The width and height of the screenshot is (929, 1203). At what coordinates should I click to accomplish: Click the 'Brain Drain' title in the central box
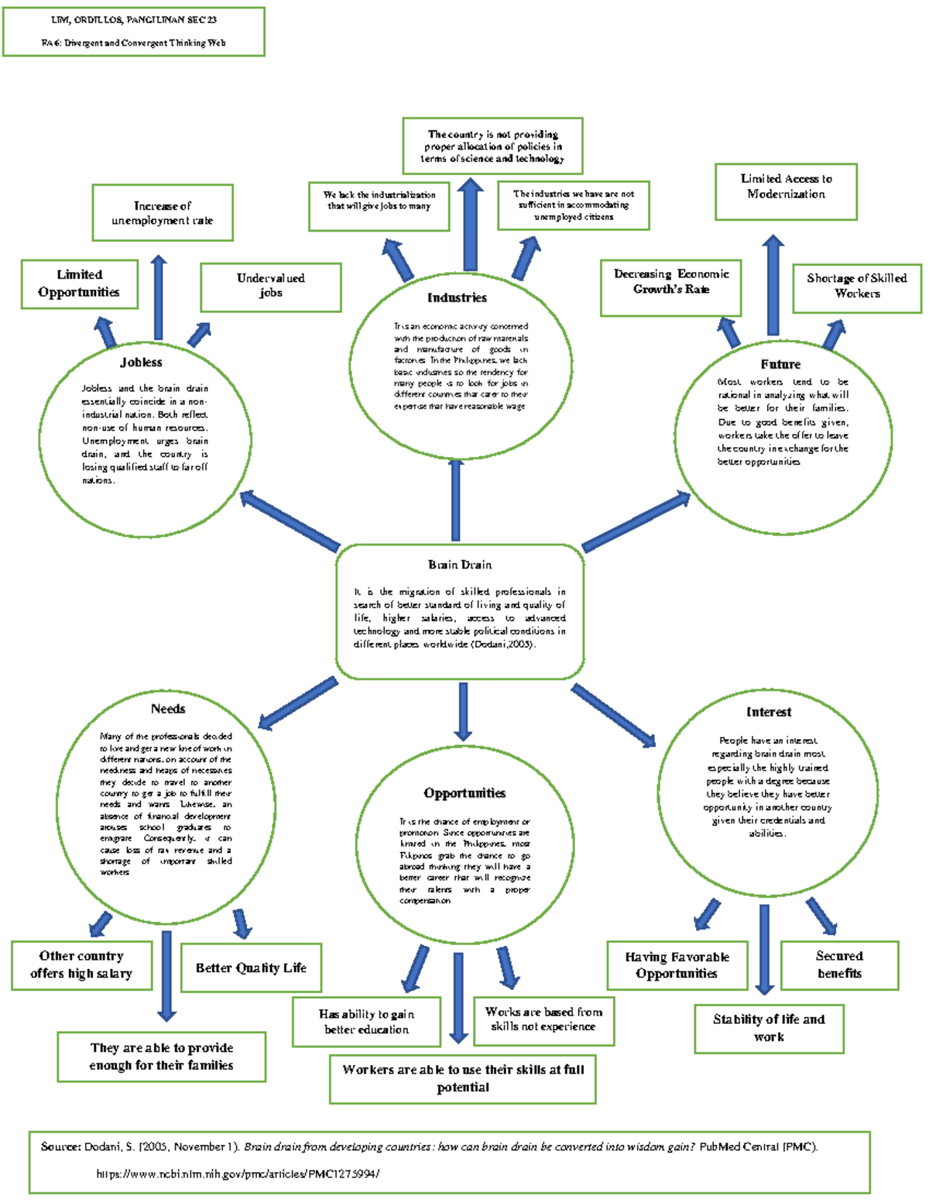[x=460, y=565]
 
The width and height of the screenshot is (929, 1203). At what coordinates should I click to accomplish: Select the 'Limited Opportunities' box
[x=80, y=284]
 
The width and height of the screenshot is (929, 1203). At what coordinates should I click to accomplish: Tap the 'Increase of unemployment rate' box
[x=163, y=213]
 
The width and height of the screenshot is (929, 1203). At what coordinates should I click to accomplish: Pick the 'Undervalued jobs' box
[x=271, y=287]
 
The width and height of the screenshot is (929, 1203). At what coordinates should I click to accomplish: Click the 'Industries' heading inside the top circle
[x=457, y=297]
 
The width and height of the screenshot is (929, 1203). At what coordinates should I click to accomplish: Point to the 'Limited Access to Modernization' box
[x=786, y=191]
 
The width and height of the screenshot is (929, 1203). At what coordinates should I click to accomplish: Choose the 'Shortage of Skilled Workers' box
[x=857, y=287]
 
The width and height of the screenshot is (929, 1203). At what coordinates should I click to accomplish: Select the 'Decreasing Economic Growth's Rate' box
[x=671, y=288]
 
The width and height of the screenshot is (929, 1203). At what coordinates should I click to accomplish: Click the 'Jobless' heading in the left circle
[x=141, y=363]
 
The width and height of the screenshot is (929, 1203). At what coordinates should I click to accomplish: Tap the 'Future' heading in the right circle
[x=780, y=364]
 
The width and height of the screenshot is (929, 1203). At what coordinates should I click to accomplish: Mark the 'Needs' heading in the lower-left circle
[x=168, y=709]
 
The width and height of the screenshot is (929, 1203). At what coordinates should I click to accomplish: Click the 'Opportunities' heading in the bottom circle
[x=464, y=793]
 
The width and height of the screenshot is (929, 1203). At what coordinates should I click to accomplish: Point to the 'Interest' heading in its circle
[x=769, y=712]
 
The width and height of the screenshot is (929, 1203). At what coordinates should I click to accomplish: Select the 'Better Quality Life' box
[x=251, y=968]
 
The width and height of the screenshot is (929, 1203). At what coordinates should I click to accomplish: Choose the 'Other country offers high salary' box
[x=81, y=965]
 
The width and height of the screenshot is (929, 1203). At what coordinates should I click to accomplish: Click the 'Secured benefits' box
[x=840, y=965]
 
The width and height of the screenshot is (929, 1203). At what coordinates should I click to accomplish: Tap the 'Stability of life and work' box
[x=769, y=1029]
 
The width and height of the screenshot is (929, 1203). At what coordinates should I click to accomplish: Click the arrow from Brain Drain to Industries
[x=455, y=500]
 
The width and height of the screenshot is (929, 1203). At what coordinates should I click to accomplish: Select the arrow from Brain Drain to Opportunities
[x=463, y=711]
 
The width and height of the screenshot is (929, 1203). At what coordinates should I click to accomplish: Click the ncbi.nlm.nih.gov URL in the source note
[x=238, y=1174]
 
